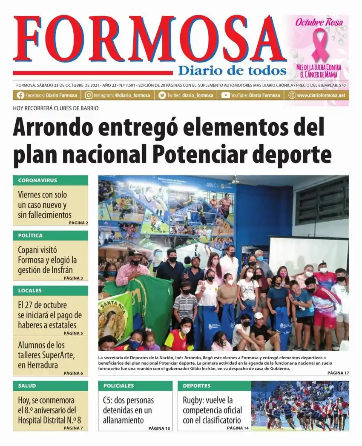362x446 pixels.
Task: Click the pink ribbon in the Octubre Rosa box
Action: (320, 45)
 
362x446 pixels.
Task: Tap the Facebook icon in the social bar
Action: (20, 95)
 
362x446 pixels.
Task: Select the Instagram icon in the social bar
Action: (89, 95)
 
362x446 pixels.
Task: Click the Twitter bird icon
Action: (162, 95)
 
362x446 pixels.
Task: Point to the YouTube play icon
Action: (225, 95)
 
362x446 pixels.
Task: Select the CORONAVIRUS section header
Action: (37, 180)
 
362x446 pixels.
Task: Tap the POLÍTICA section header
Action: (30, 235)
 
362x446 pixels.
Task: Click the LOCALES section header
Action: (30, 291)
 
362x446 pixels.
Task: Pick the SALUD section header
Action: (27, 386)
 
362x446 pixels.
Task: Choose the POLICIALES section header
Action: (118, 386)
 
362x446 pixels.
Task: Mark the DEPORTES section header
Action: (197, 386)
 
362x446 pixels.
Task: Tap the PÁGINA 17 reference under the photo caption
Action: (338, 373)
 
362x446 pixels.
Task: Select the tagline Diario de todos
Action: (232, 70)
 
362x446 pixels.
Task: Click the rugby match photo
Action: (300, 406)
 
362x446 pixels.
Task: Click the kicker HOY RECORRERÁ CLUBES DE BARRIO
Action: (56, 109)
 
